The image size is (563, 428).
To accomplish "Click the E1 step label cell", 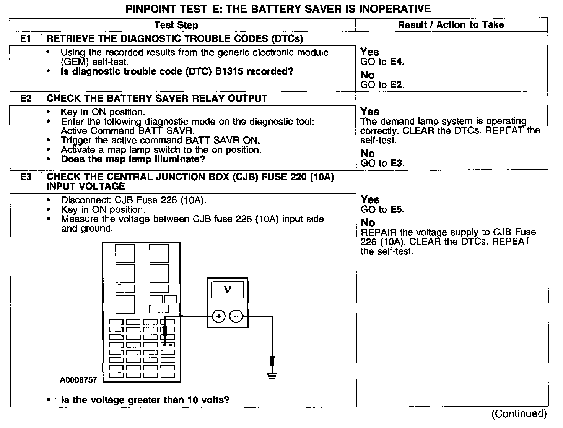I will (26, 39).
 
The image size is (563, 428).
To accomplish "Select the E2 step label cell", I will (26, 99).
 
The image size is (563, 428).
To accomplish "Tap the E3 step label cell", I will (26, 177).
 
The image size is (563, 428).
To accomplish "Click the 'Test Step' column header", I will (176, 25).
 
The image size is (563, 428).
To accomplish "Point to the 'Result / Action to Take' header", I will (451, 25).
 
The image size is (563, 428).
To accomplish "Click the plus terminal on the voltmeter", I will (218, 316).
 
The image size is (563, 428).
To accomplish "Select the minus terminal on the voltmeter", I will (236, 316).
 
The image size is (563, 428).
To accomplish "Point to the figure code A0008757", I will (78, 380).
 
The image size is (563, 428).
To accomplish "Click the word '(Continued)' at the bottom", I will (519, 413).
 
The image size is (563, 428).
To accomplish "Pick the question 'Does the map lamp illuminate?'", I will (133, 159).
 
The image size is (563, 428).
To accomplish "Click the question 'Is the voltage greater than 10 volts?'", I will (145, 400).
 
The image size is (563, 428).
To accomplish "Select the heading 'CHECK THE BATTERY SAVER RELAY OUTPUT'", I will (157, 99).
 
